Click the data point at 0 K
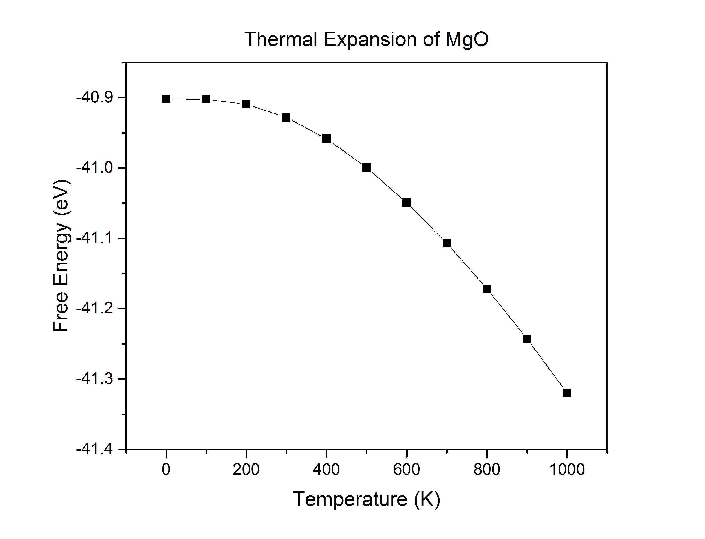click(166, 99)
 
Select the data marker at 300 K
click(286, 117)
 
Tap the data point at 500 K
click(366, 168)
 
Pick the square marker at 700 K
click(447, 243)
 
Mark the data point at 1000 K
click(567, 393)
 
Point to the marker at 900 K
click(527, 339)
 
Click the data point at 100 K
click(206, 99)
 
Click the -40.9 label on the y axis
click(94, 97)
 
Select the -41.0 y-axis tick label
click(94, 168)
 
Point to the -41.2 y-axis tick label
click(94, 309)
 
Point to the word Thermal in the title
click(281, 39)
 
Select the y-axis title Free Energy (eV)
click(61, 256)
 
